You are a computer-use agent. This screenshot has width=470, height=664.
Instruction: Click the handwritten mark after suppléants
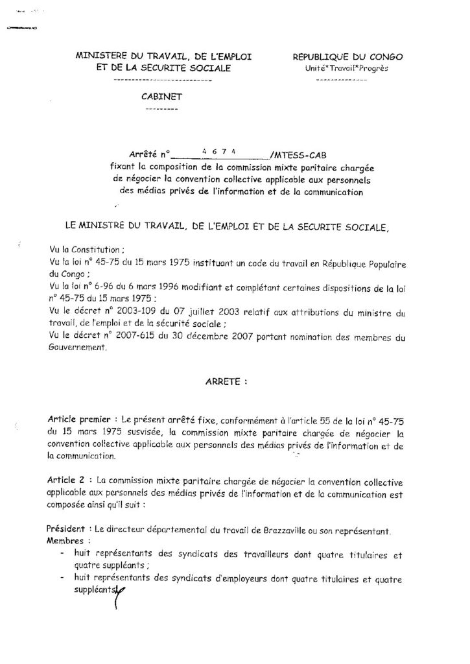[x=119, y=591]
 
